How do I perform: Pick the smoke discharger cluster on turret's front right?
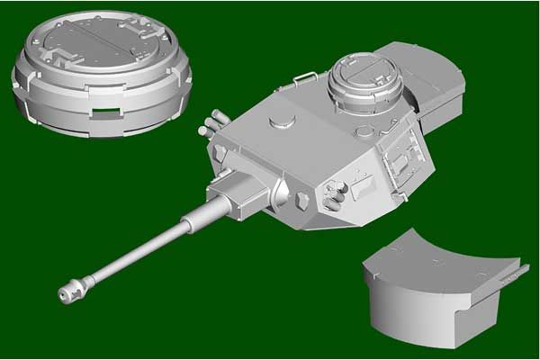(x=335, y=190)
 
